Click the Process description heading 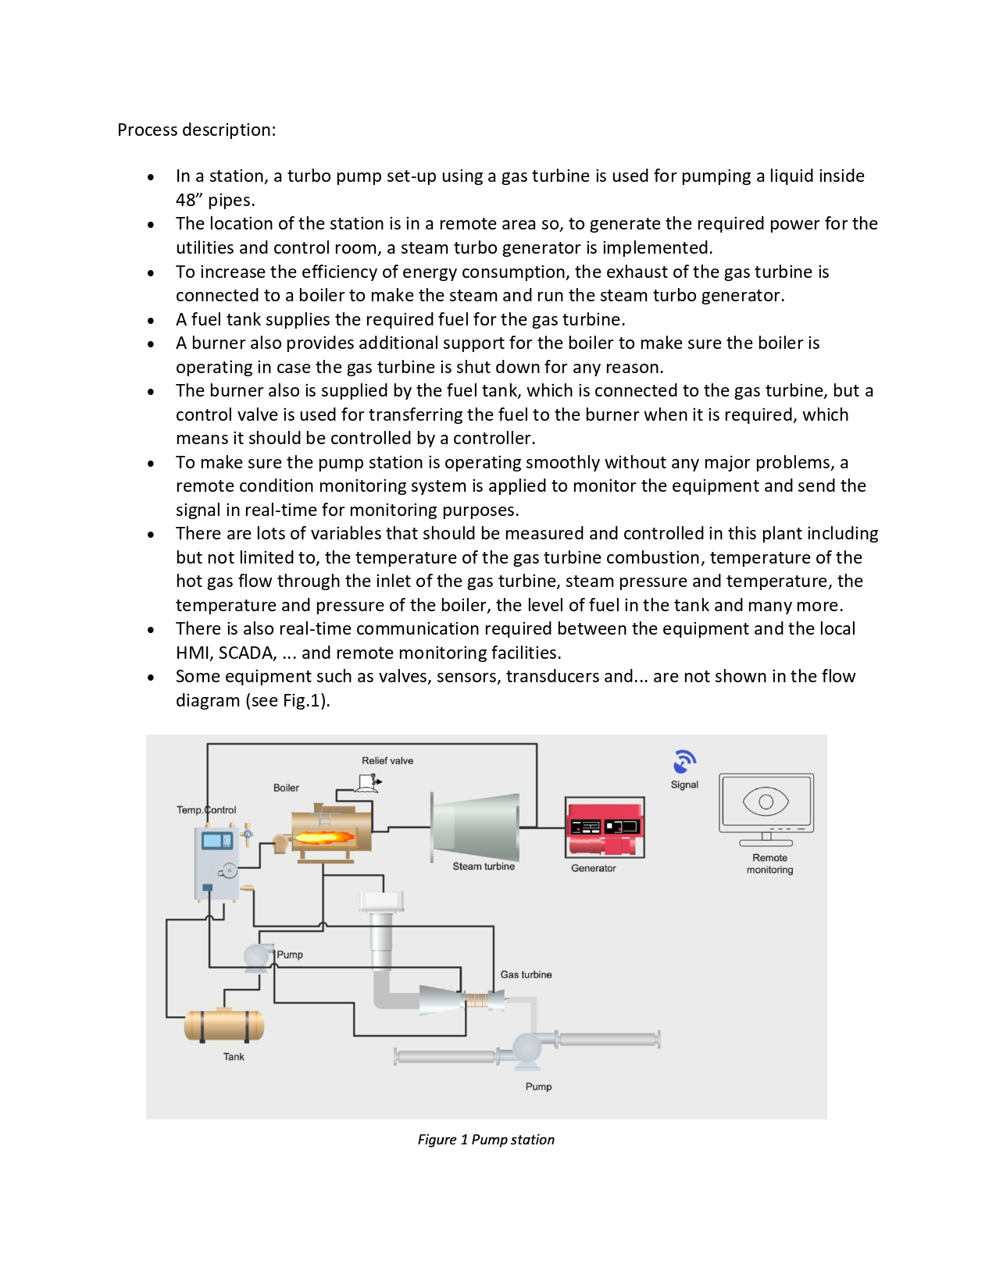click(x=196, y=130)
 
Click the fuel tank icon click(x=224, y=1025)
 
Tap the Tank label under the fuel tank click(x=234, y=1057)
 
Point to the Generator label click(x=593, y=868)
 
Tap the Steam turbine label click(x=484, y=866)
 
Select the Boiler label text click(x=286, y=788)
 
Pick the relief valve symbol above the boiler click(x=368, y=783)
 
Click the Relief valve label click(x=387, y=760)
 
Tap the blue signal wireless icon click(x=684, y=761)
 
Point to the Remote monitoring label click(x=769, y=863)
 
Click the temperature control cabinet click(x=216, y=863)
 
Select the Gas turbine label click(x=526, y=974)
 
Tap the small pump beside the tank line click(x=258, y=957)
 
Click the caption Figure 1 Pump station click(x=486, y=1140)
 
